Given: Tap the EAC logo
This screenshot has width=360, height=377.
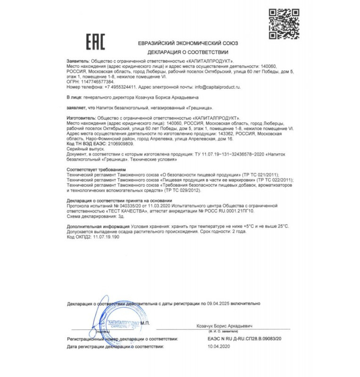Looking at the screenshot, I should coord(95,42).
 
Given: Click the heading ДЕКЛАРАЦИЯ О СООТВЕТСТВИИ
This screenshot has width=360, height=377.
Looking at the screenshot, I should coord(188,52).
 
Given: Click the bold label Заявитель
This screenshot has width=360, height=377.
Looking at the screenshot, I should coord(77,62).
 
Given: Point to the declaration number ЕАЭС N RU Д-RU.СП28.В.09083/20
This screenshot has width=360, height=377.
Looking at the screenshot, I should coord(244,339).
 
